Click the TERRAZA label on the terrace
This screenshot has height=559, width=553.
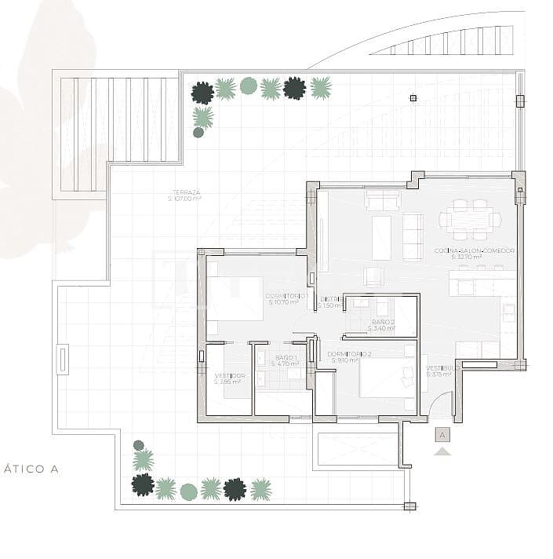(187, 192)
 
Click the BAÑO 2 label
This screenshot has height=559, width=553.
(383, 323)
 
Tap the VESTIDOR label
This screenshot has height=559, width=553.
(230, 376)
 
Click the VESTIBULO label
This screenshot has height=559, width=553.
(439, 368)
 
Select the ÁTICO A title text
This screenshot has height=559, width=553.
(31, 469)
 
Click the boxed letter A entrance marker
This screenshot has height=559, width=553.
(442, 434)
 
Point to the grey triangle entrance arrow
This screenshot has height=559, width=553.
(442, 451)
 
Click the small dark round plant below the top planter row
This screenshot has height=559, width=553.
(198, 133)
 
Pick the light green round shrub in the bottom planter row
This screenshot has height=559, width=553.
(188, 491)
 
